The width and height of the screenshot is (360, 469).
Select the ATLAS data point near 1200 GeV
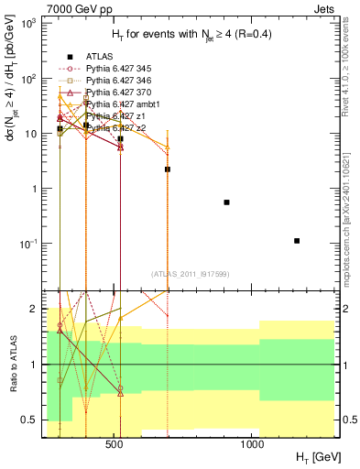tap(297, 241)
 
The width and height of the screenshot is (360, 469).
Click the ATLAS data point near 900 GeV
tap(226, 202)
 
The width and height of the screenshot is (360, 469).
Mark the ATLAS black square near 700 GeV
tap(168, 169)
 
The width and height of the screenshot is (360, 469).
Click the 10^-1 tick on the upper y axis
tap(29, 244)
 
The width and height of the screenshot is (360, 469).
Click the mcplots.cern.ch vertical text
tap(351, 211)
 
